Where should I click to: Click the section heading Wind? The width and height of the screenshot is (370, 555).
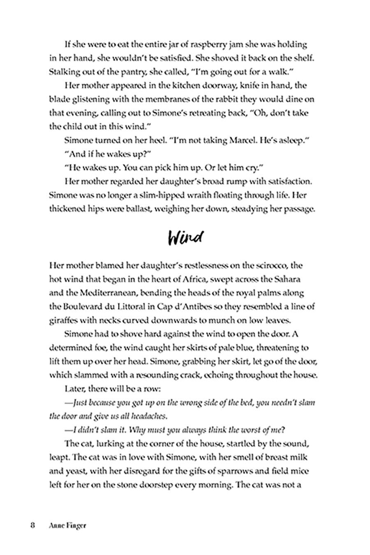click(185, 238)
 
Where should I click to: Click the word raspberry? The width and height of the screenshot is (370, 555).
click(213, 44)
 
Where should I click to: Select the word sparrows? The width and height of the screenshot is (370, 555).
click(254, 471)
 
